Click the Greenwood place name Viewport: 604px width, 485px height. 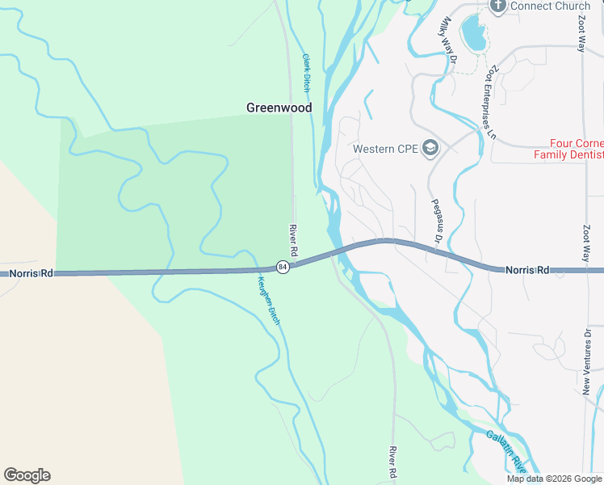[x=279, y=107]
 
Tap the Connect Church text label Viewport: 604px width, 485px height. [x=551, y=6]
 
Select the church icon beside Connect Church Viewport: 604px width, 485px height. [x=497, y=6]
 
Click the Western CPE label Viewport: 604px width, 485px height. [x=386, y=149]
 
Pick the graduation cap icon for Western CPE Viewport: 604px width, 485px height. [x=430, y=148]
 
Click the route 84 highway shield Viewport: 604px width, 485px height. [x=282, y=267]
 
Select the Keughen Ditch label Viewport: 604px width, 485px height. [x=269, y=301]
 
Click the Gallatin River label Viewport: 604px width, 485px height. [x=508, y=450]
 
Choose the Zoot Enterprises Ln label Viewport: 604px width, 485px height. [x=489, y=97]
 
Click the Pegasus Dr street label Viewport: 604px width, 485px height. [x=436, y=221]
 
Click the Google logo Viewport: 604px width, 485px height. [x=27, y=475]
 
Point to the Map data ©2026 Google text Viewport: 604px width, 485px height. [x=553, y=479]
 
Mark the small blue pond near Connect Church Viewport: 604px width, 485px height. [x=472, y=33]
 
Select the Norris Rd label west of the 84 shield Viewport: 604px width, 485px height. [x=31, y=274]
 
